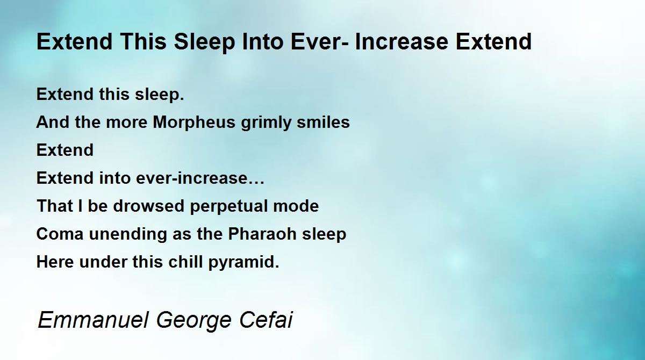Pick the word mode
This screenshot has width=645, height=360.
tap(296, 206)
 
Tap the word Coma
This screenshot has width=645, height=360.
tap(60, 234)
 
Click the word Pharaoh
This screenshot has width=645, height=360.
tap(262, 234)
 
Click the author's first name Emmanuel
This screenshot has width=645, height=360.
tap(93, 320)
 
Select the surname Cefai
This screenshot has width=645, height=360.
tap(266, 320)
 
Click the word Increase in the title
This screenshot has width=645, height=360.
tap(402, 42)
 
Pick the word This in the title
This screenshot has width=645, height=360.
tap(144, 42)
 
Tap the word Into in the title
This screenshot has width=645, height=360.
tap(263, 42)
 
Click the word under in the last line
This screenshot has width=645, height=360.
tap(103, 262)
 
